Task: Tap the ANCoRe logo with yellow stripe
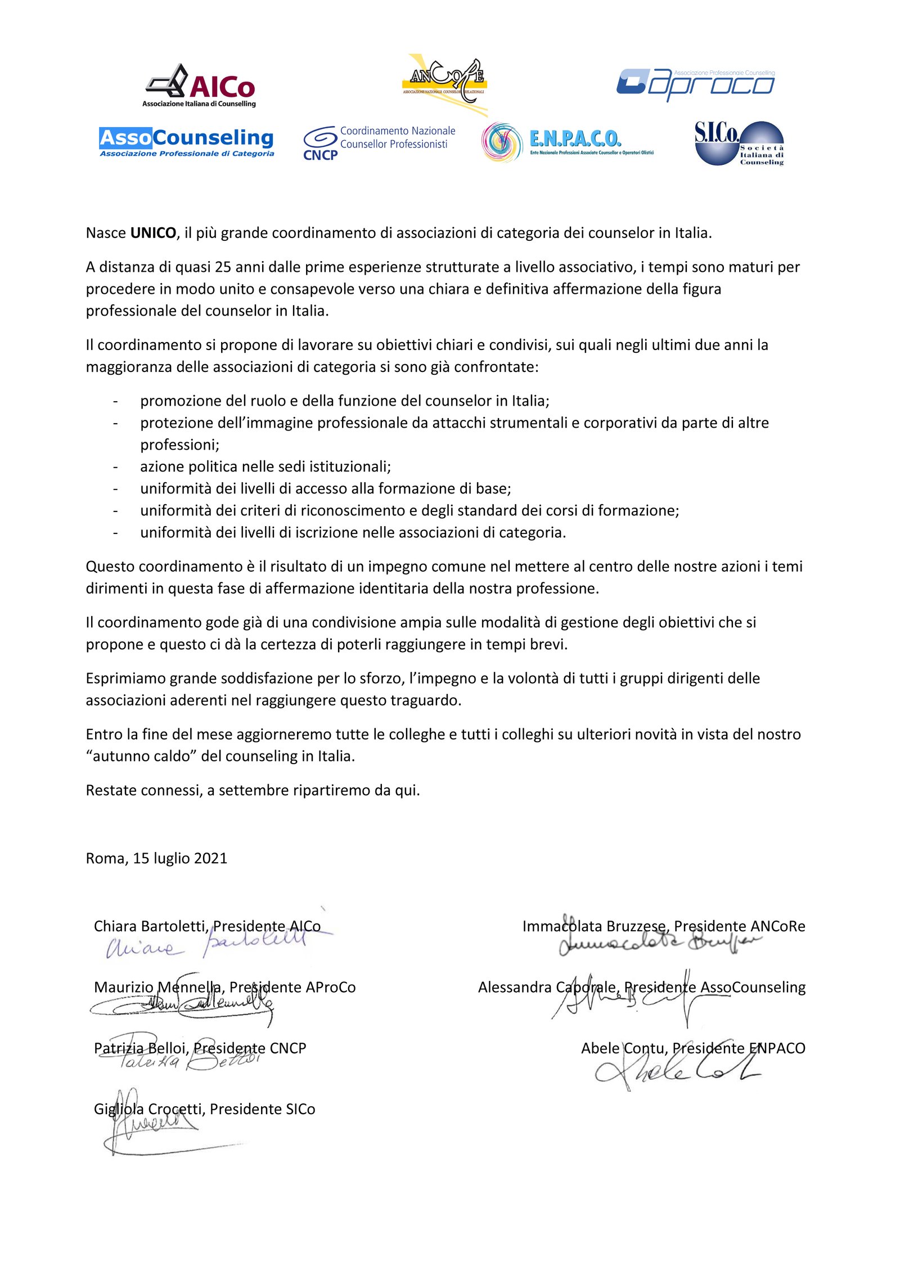click(x=444, y=83)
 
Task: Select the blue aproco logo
click(x=695, y=84)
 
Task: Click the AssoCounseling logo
click(x=186, y=141)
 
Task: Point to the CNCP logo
click(x=379, y=143)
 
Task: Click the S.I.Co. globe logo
click(x=739, y=143)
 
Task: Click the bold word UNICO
click(x=153, y=233)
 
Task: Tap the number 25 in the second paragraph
click(x=223, y=267)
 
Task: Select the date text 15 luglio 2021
click(x=180, y=858)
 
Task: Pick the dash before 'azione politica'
click(x=115, y=466)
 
